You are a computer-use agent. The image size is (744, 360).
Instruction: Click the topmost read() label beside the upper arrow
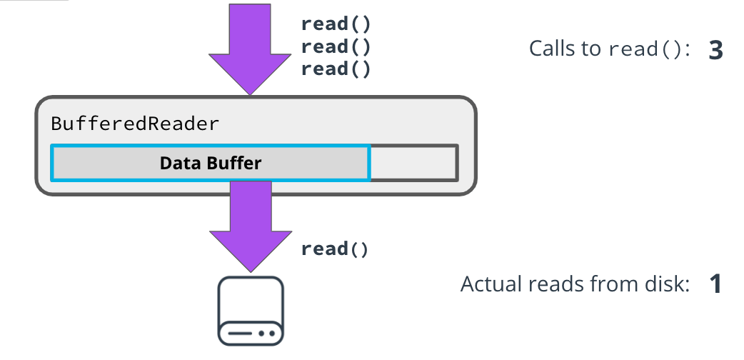click(x=336, y=24)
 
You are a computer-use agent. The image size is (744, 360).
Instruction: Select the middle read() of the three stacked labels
click(x=336, y=46)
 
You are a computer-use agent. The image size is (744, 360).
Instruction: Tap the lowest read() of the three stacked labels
click(x=336, y=69)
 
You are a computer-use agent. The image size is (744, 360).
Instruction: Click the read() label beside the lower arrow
click(x=336, y=249)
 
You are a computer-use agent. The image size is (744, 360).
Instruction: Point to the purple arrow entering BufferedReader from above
click(x=250, y=43)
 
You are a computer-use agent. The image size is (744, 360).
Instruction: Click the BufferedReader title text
click(x=135, y=124)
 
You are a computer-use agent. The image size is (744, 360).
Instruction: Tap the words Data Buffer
click(x=211, y=163)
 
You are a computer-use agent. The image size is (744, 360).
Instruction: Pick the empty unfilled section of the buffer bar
click(x=413, y=162)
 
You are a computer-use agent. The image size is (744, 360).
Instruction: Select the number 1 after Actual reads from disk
click(x=715, y=284)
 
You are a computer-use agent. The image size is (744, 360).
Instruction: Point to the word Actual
click(x=489, y=284)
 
